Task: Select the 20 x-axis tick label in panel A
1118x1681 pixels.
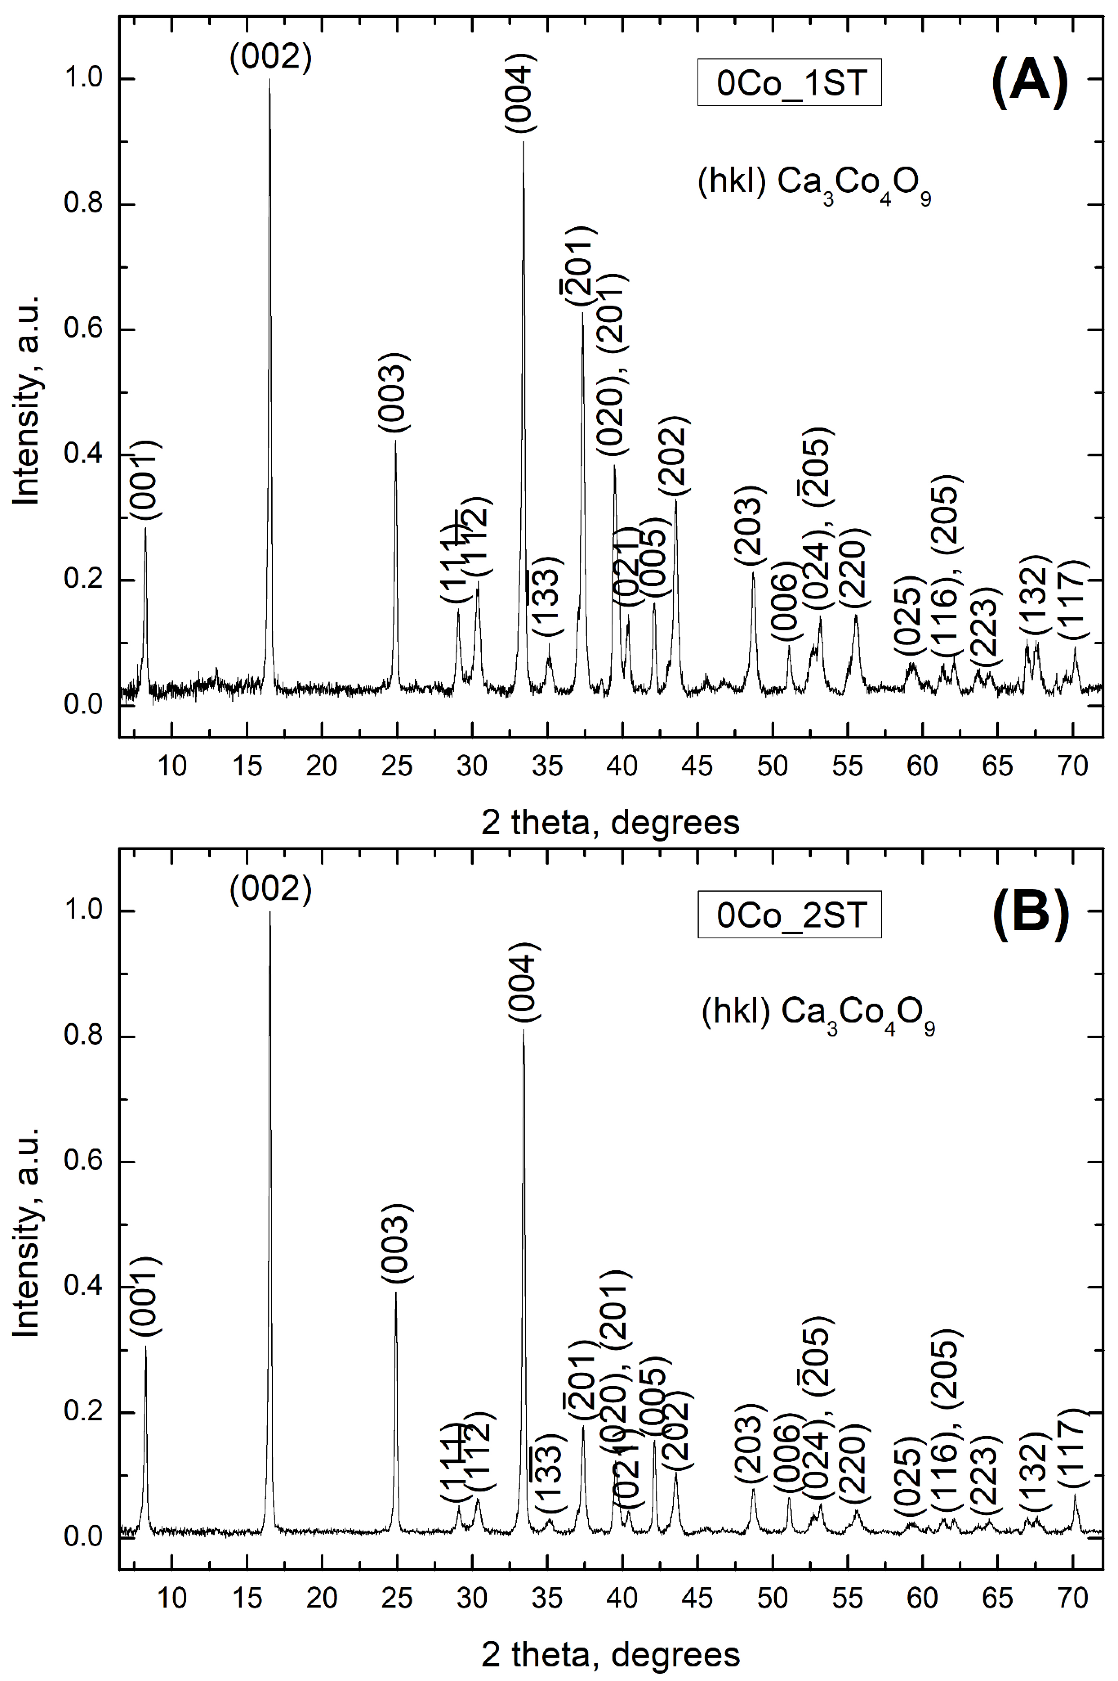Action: [322, 765]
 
